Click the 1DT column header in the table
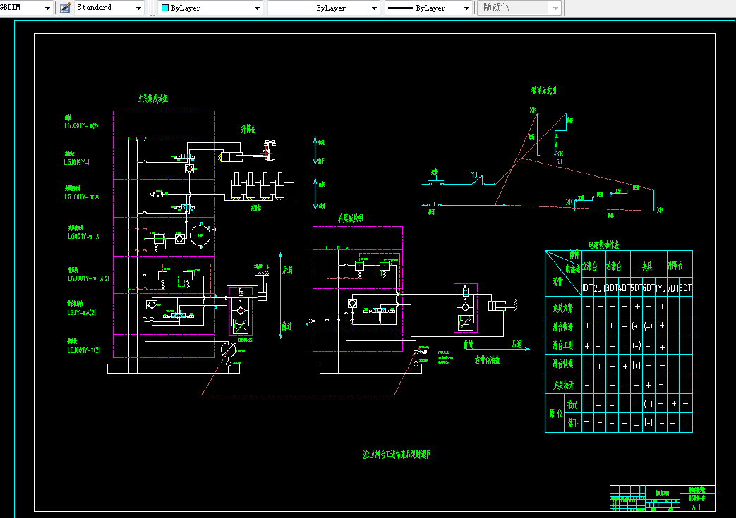587,288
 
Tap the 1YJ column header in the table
660,288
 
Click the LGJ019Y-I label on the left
77,161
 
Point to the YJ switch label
475,173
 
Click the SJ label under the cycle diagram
559,163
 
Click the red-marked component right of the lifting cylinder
267,150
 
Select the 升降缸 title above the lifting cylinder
249,130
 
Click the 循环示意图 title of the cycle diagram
544,90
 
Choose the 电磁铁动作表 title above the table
605,245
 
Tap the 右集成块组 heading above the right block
351,218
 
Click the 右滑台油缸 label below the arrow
487,359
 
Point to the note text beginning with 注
396,455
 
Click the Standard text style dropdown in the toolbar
107,8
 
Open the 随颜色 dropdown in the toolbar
520,8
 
